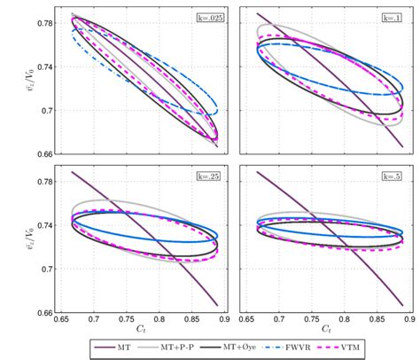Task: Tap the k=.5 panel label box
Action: tap(397, 176)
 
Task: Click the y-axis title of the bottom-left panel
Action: tap(12, 239)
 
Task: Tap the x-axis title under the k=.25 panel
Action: tap(144, 332)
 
